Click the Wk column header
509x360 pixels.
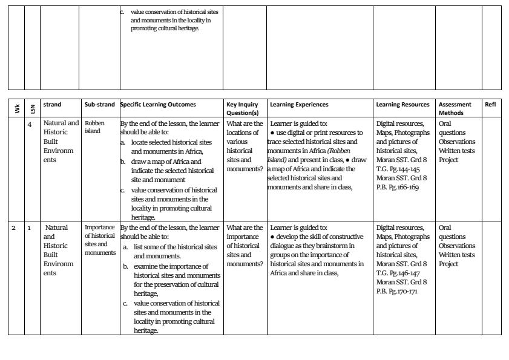coord(16,108)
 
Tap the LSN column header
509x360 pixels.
coord(31,108)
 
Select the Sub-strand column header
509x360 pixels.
coord(99,105)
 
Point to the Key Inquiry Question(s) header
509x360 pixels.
coord(243,108)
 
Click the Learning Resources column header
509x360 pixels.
coord(402,105)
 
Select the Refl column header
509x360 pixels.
coord(490,105)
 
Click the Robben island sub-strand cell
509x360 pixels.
coord(95,127)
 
